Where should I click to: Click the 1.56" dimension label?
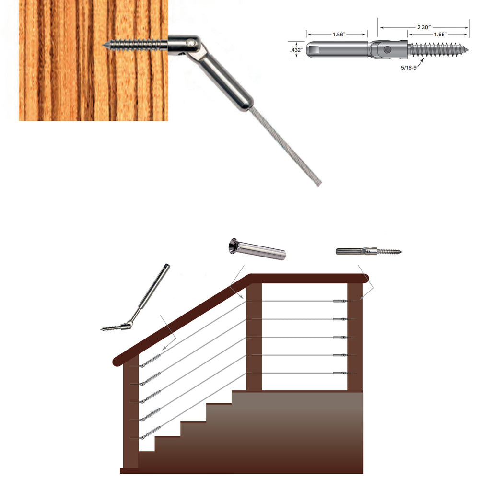pyautogui.click(x=337, y=35)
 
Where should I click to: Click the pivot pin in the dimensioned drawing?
pyautogui.click(x=387, y=49)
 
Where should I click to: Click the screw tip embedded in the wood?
pyautogui.click(x=105, y=45)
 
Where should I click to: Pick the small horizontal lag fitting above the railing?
pyautogui.click(x=368, y=251)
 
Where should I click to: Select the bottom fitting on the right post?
pyautogui.click(x=340, y=373)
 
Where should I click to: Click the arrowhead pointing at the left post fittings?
pyautogui.click(x=163, y=349)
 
